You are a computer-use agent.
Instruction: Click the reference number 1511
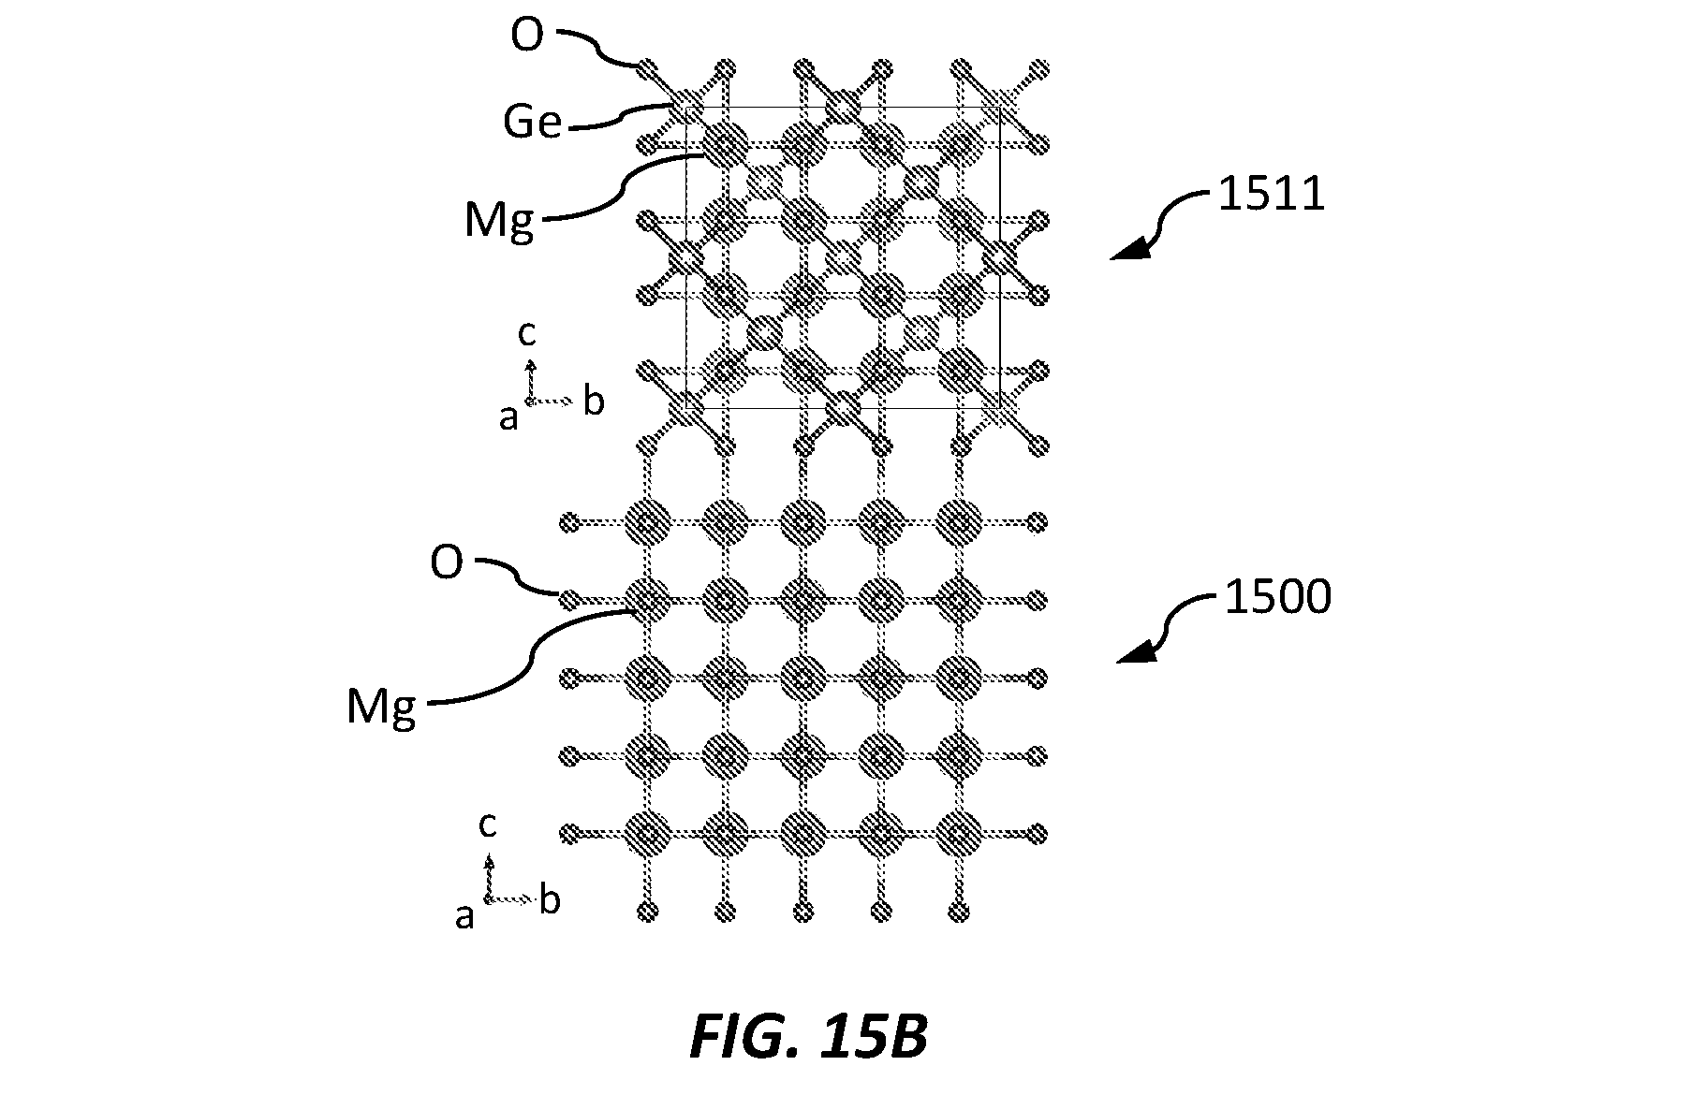pyautogui.click(x=1271, y=195)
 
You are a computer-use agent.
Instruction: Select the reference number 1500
pyautogui.click(x=1277, y=596)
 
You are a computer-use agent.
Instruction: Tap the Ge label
pyautogui.click(x=532, y=122)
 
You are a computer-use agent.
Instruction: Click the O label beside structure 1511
pyautogui.click(x=527, y=37)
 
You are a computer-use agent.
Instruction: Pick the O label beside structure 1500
pyautogui.click(x=447, y=563)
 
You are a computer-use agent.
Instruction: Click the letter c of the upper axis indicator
pyautogui.click(x=527, y=332)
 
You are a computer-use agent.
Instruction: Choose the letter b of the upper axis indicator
pyautogui.click(x=594, y=401)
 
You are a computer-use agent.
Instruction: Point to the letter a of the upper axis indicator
pyautogui.click(x=508, y=418)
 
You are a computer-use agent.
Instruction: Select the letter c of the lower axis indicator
pyautogui.click(x=487, y=825)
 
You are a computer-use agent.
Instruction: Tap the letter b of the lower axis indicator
pyautogui.click(x=550, y=900)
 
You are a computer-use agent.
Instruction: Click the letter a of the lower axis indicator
pyautogui.click(x=464, y=916)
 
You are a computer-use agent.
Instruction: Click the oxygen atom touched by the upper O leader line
pyautogui.click(x=646, y=68)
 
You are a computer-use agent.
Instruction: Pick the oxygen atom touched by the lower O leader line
pyautogui.click(x=567, y=598)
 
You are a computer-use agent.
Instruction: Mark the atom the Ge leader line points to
pyautogui.click(x=688, y=100)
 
